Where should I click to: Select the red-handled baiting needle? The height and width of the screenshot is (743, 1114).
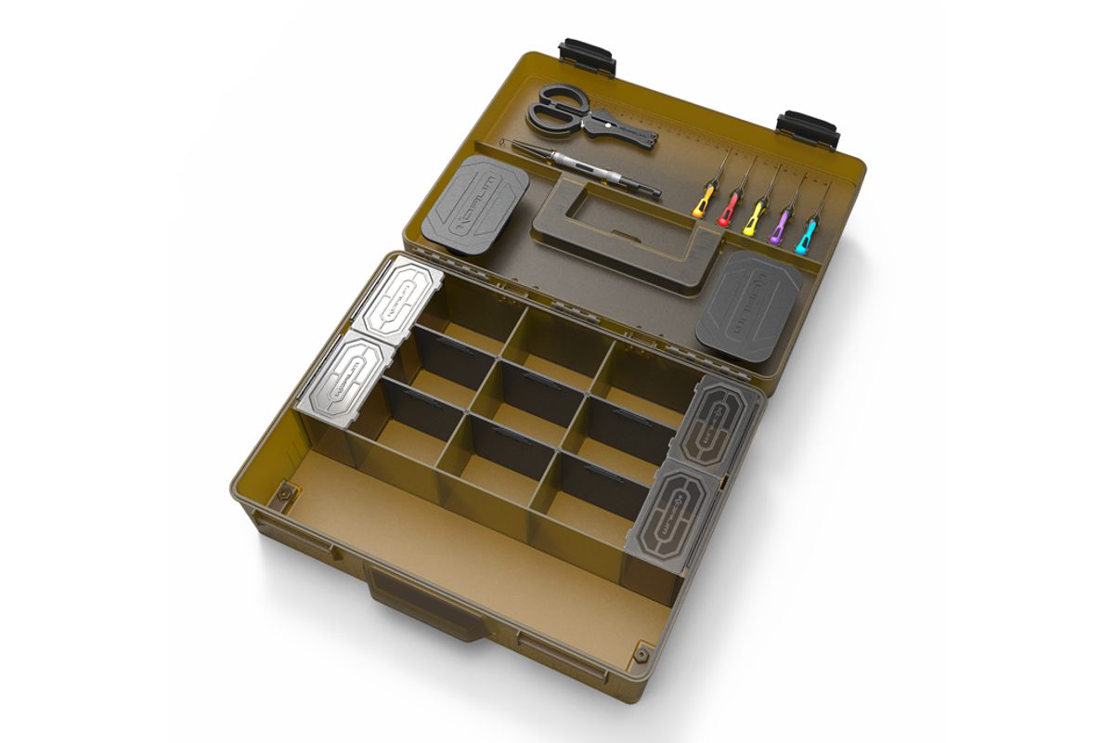point(729,209)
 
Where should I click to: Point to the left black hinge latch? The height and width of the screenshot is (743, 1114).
point(588,57)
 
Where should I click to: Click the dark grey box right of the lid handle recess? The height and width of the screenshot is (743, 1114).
point(748,306)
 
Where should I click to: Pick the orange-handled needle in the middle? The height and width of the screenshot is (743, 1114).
point(753,218)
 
